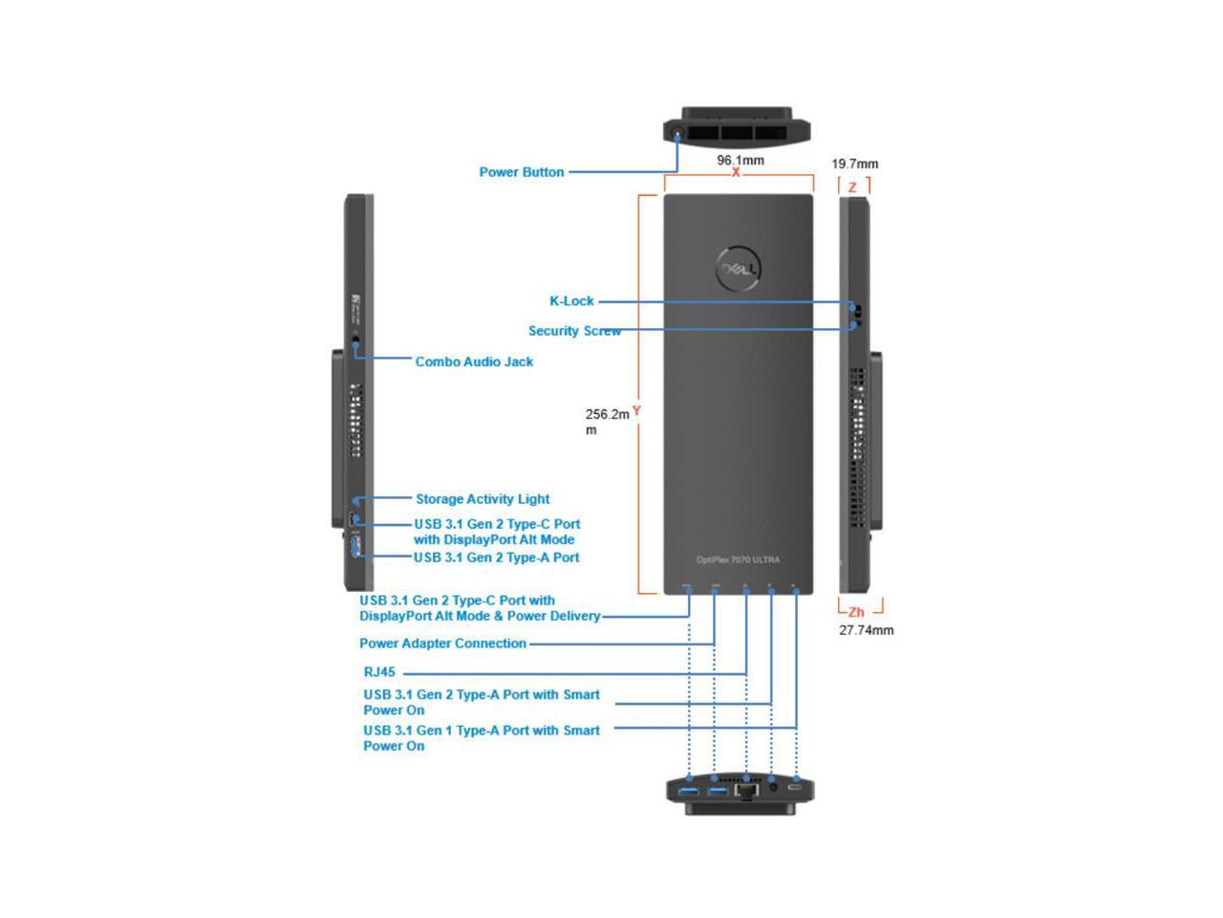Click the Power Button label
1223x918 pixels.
click(521, 172)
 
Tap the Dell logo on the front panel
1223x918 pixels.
click(739, 271)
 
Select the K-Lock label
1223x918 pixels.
click(571, 300)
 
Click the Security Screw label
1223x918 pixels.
click(574, 331)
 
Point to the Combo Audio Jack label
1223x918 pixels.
click(474, 361)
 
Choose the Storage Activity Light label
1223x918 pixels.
click(483, 498)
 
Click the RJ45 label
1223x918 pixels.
click(379, 672)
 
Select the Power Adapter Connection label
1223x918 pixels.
click(442, 644)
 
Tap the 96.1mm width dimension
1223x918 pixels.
click(740, 160)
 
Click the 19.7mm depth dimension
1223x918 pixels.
click(854, 164)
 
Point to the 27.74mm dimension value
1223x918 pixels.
click(867, 630)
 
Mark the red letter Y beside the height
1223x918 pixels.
click(636, 411)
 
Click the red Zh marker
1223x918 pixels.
click(856, 612)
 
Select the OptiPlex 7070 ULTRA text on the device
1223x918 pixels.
click(738, 559)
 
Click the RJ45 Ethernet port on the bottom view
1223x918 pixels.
click(747, 791)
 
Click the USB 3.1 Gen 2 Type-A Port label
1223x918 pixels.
click(496, 557)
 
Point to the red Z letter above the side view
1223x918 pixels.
click(852, 187)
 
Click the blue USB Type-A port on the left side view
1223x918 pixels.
click(356, 547)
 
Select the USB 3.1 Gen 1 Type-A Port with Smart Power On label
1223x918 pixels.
click(482, 737)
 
